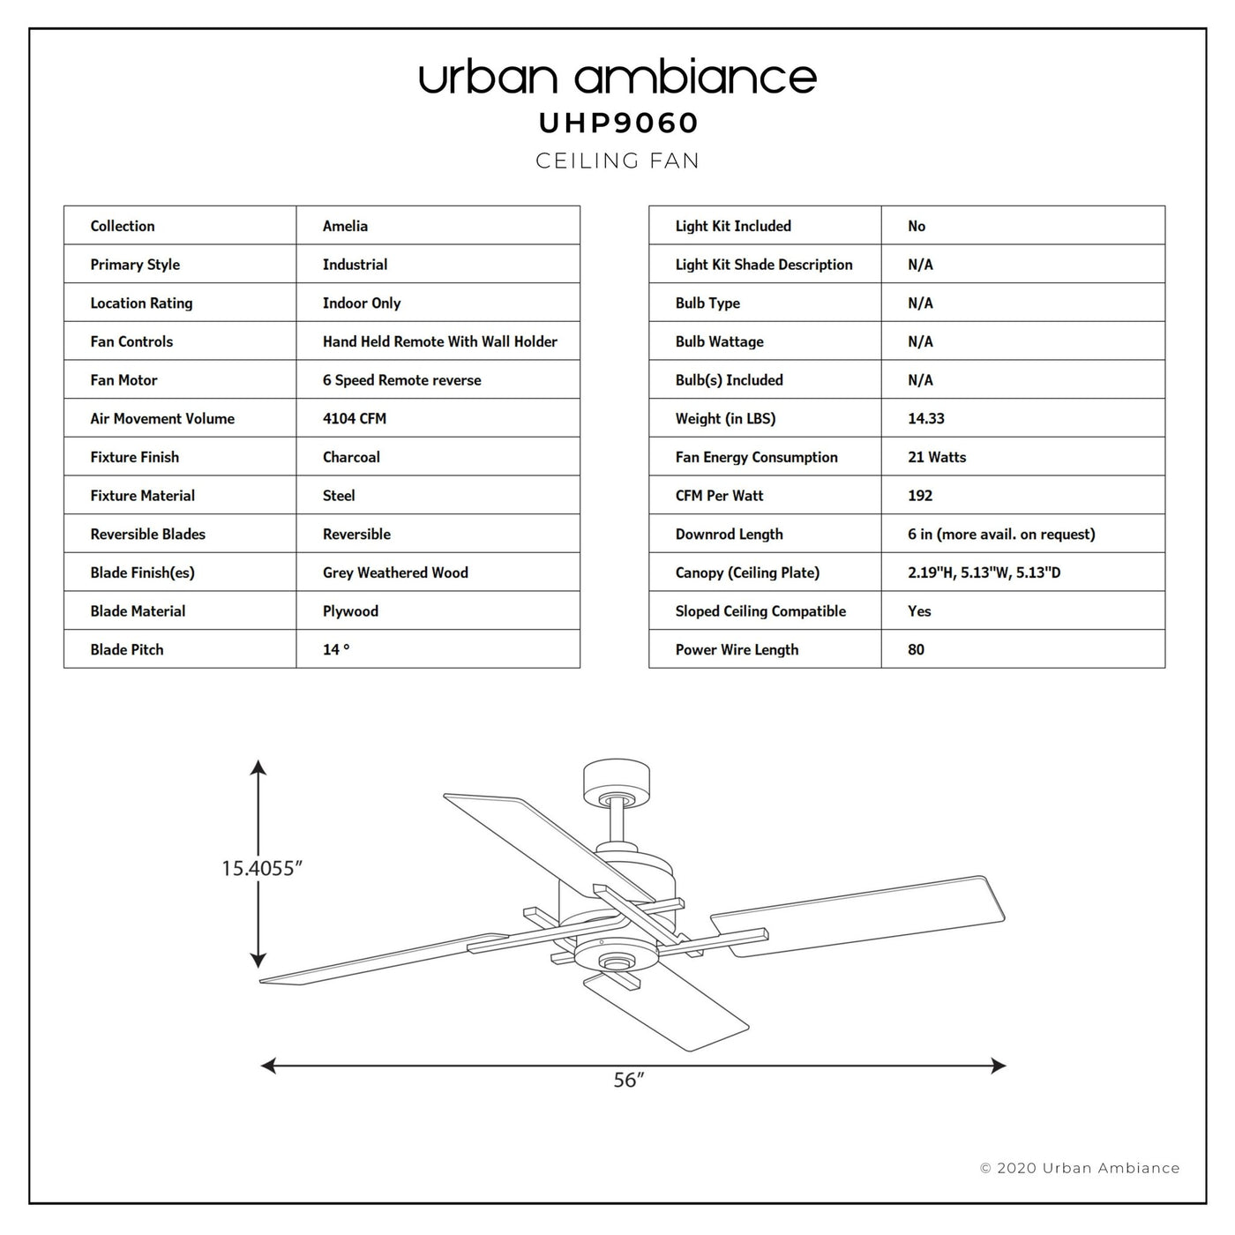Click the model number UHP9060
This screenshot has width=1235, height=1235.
click(617, 123)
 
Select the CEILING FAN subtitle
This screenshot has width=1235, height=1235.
click(617, 161)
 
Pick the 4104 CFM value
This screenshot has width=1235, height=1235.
click(355, 418)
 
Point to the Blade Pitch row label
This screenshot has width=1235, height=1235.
click(127, 649)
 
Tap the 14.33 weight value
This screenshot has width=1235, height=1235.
click(925, 418)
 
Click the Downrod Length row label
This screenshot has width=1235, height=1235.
click(729, 534)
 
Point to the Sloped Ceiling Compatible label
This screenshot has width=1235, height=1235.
click(760, 610)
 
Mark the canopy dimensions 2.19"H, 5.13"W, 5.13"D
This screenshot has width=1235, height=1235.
click(984, 573)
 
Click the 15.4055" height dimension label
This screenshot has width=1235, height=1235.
click(261, 868)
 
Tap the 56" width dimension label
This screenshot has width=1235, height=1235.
click(629, 1080)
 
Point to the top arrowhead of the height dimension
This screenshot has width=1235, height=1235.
click(258, 767)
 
